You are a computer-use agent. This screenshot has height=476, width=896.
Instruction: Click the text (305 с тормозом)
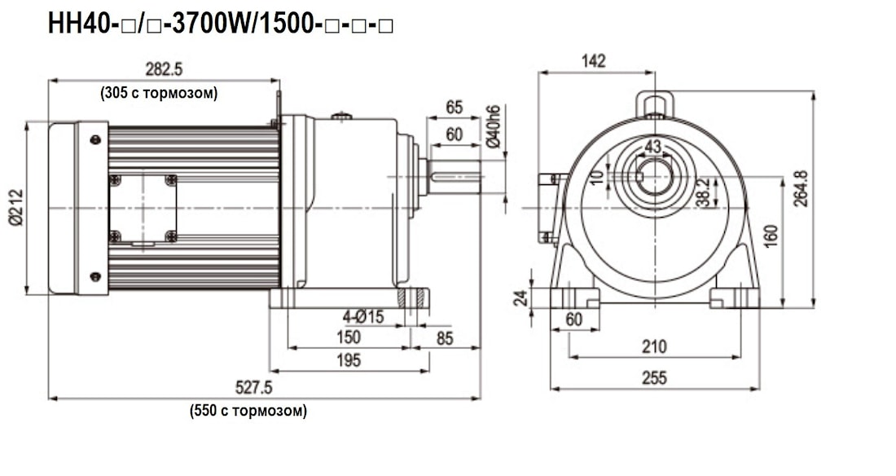(160, 93)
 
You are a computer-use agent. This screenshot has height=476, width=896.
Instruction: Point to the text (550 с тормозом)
(248, 410)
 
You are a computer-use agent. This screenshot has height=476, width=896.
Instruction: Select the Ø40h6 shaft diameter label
(494, 127)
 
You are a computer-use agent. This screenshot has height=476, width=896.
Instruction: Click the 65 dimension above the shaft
(454, 107)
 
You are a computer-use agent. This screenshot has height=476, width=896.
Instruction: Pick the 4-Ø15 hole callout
(362, 315)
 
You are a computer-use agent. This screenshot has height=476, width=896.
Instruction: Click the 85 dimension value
(445, 337)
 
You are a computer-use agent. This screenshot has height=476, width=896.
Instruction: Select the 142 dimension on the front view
(594, 60)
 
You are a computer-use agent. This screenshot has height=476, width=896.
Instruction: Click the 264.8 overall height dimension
(801, 189)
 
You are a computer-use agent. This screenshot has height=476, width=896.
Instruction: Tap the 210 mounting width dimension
(653, 346)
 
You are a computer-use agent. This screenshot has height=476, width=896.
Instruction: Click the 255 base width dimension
(653, 377)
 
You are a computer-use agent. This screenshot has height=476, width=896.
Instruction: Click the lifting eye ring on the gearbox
(654, 104)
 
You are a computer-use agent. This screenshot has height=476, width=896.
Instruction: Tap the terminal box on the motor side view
(143, 208)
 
